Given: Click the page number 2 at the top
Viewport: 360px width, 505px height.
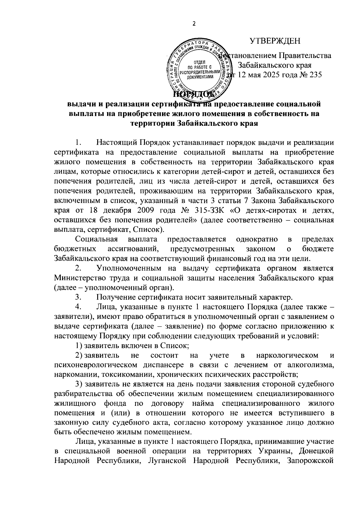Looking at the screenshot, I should click(x=193, y=24).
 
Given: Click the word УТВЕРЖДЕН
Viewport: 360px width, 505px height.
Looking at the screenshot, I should click(x=275, y=41).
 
